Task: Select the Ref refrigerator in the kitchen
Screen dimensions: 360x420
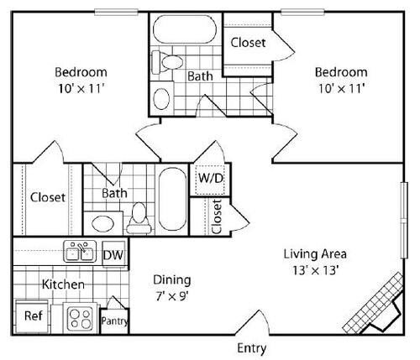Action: coord(31,316)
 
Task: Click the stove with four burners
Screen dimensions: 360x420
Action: coord(80,317)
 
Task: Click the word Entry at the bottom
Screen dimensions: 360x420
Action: coord(253,347)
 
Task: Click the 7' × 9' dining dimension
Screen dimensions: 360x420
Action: coord(171,295)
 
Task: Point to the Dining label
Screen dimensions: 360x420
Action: coord(171,279)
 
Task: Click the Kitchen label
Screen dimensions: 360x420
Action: coord(63,284)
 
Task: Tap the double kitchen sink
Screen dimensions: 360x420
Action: coord(81,252)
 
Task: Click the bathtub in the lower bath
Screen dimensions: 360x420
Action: coord(173,201)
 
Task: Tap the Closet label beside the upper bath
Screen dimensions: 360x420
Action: coord(248,42)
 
